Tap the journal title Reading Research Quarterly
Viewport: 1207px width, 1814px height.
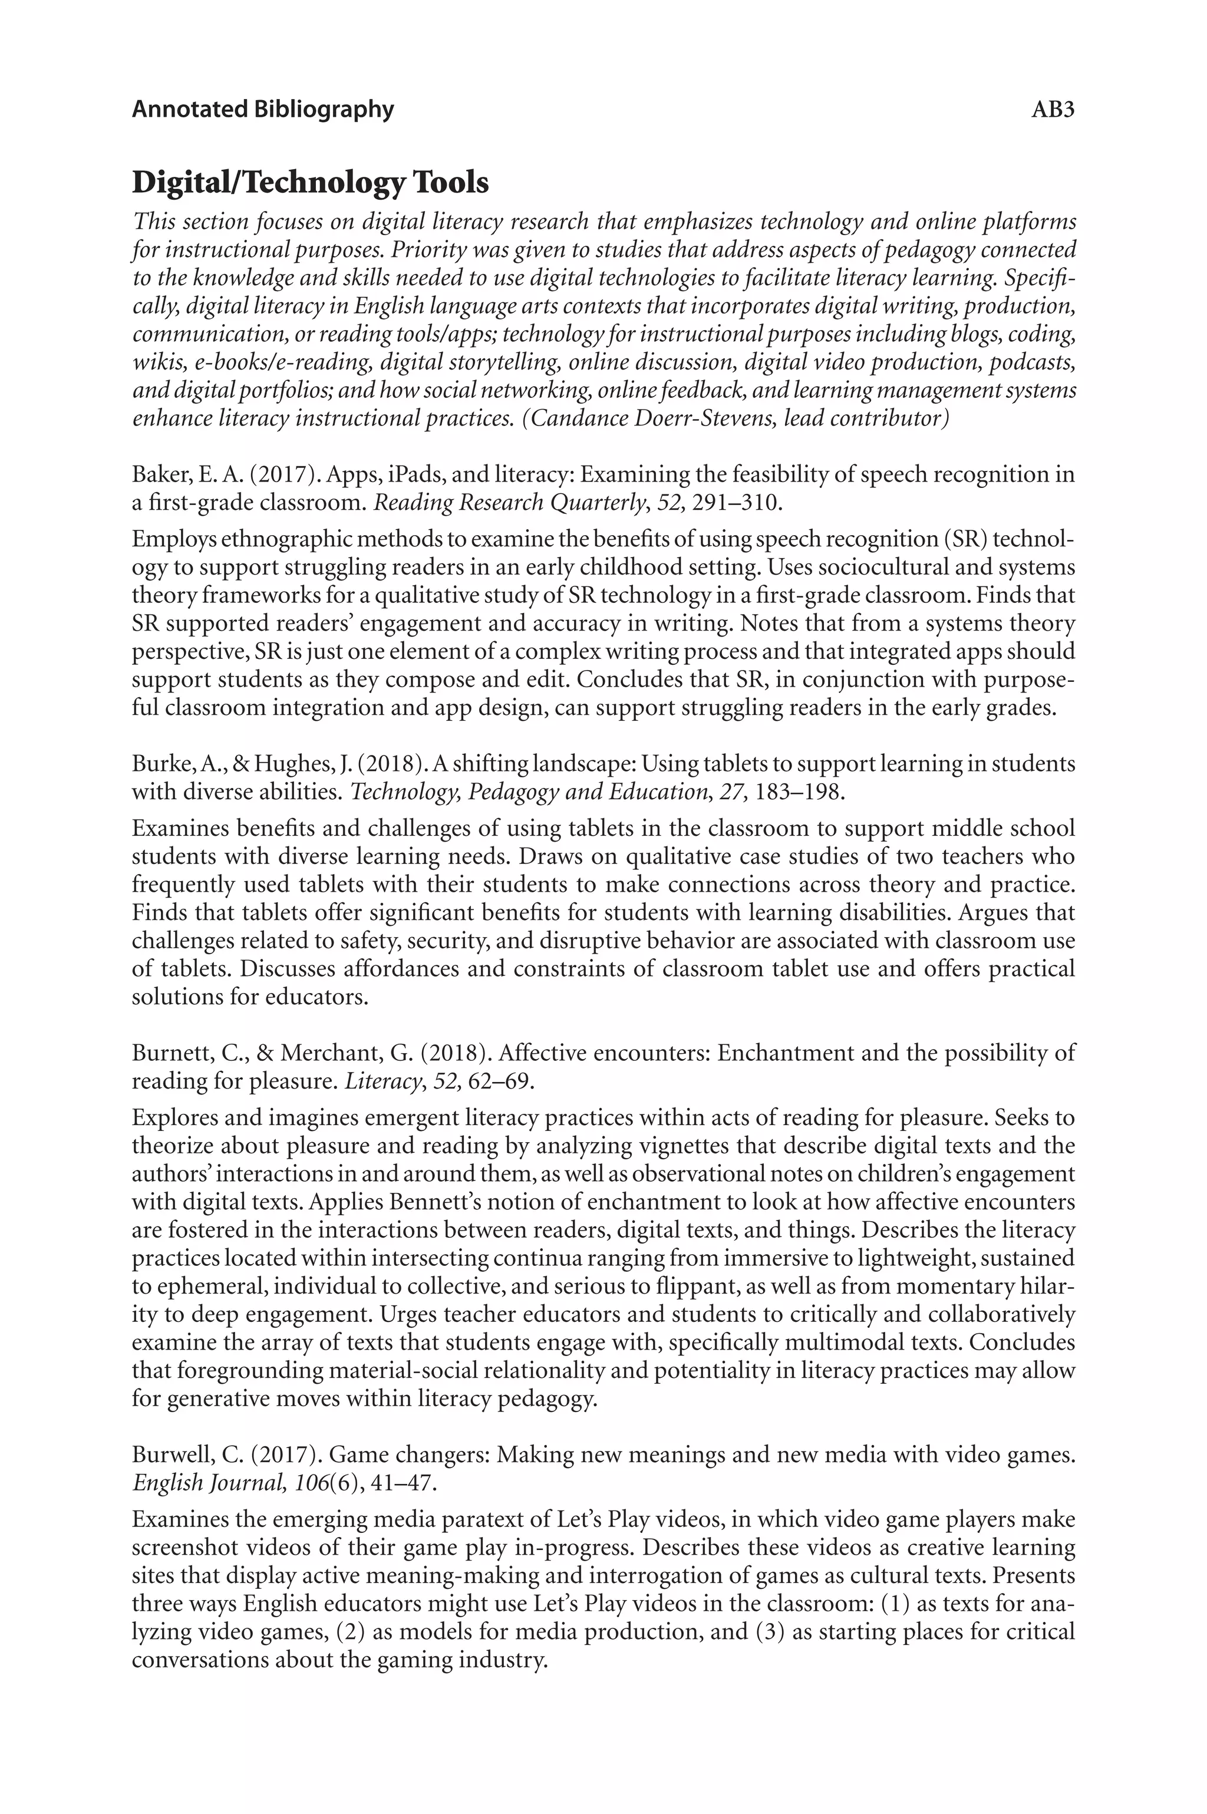coord(508,503)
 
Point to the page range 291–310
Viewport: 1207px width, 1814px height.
coord(737,503)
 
